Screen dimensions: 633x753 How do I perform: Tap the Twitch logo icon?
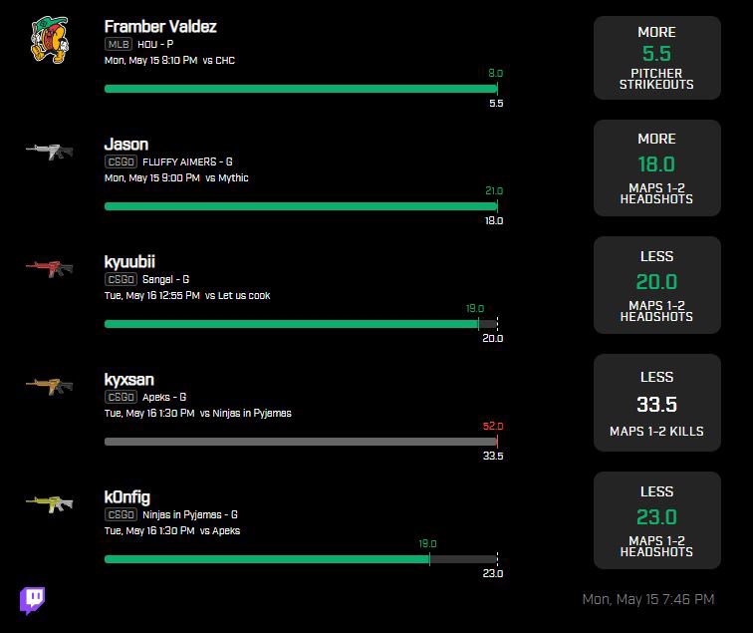pos(32,600)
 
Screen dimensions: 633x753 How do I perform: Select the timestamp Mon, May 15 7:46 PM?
pos(647,599)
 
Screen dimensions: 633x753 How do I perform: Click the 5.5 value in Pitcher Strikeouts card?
pos(656,54)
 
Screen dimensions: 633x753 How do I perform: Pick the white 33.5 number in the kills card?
pos(656,404)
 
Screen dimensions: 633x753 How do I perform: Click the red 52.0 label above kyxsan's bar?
pos(493,426)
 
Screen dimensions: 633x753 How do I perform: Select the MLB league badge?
pos(118,44)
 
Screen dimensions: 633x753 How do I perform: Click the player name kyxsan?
pos(128,380)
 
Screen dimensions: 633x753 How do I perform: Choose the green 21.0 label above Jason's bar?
pos(493,190)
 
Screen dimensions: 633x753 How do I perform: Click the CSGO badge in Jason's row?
pos(121,161)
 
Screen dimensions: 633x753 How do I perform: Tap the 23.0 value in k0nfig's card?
pos(656,517)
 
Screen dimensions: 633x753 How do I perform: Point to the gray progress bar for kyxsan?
pos(299,442)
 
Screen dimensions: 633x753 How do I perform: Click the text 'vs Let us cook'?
pos(237,295)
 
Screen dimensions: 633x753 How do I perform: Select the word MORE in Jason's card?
pos(656,139)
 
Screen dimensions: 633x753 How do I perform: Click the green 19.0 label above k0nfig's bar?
pos(429,543)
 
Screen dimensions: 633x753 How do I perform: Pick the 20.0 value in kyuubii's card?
pos(656,282)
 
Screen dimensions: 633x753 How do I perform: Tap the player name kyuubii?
pos(129,262)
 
